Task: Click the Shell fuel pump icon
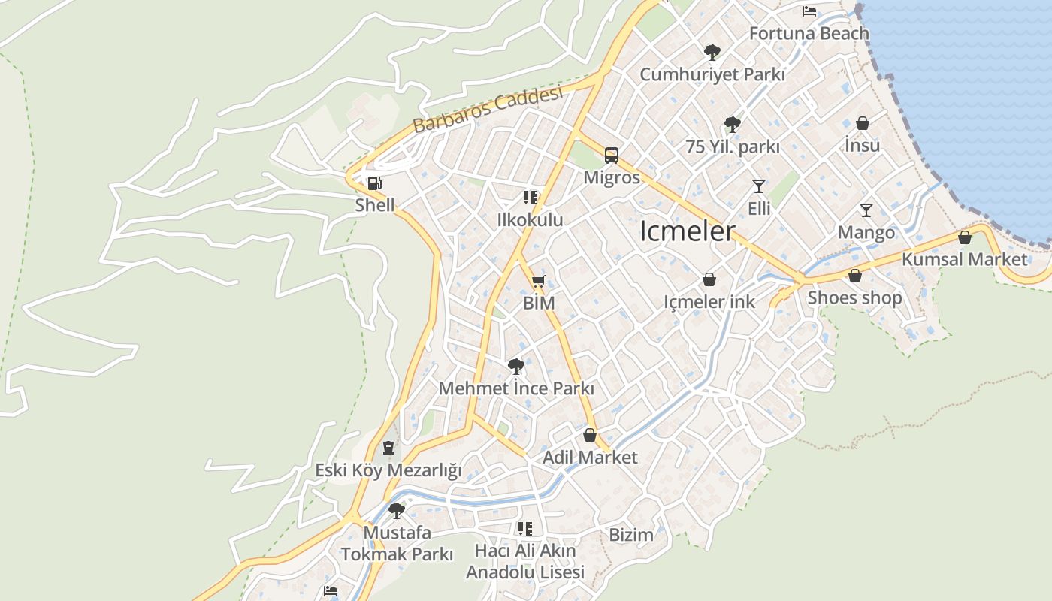tap(373, 183)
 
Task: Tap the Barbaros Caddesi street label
tap(488, 110)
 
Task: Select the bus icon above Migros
tap(612, 156)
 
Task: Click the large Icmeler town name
tap(687, 231)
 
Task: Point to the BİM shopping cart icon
tap(538, 282)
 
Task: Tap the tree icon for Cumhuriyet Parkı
tap(712, 52)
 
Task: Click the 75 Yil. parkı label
tap(732, 147)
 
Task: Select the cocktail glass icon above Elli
tap(758, 186)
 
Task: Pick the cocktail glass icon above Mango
tap(866, 210)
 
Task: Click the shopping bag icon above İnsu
tap(863, 123)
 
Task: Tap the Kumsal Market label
tap(964, 259)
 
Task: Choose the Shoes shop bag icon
tap(854, 276)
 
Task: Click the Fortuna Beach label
tap(809, 33)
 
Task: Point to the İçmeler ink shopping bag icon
tap(709, 279)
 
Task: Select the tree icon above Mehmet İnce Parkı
tap(515, 367)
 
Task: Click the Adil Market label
tap(590, 457)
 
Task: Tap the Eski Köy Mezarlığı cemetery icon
tap(388, 448)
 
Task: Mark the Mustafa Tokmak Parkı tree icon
tap(397, 511)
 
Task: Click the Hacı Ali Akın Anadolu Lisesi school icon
tap(524, 529)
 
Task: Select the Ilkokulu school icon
tap(531, 198)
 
